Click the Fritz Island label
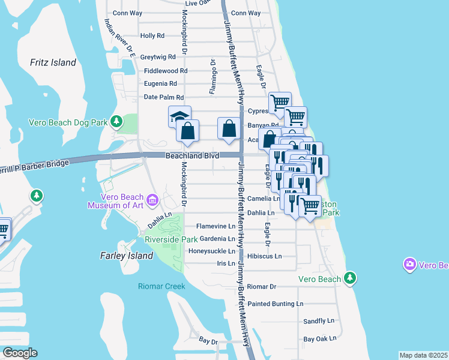coord(53,62)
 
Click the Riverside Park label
coord(171,239)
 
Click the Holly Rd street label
coord(152,36)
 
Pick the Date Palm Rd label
coord(163,97)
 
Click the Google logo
coord(20,353)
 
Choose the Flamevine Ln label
coord(216,226)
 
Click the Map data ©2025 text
coord(423,355)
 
